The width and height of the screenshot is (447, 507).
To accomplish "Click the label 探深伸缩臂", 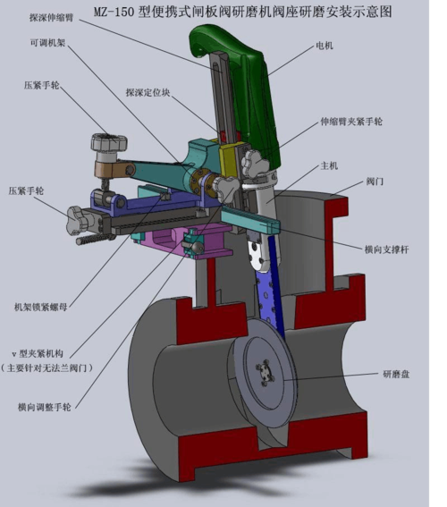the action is click(x=51, y=17).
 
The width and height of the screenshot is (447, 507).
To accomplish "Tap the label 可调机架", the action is click(x=48, y=42).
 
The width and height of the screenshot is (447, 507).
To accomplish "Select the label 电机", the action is click(x=325, y=46).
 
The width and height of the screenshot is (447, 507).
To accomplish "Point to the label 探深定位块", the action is click(x=148, y=92).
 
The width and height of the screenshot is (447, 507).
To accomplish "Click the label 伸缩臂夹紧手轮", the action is click(x=351, y=122).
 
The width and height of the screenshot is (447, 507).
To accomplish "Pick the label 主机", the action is click(x=329, y=166).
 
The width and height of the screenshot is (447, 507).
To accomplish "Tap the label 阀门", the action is click(x=375, y=182).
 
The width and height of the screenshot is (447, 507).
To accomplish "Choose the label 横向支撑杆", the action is click(x=386, y=249).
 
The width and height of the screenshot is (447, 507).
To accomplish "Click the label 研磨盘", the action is click(x=396, y=374).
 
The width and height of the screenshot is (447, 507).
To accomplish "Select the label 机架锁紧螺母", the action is click(x=41, y=307).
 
